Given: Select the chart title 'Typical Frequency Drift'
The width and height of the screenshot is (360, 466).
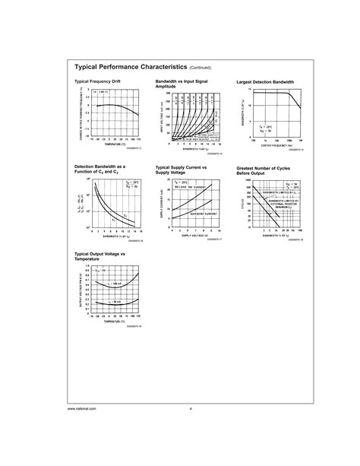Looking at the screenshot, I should (x=96, y=81).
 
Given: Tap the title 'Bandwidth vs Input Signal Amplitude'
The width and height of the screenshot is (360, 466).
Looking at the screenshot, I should (x=182, y=83).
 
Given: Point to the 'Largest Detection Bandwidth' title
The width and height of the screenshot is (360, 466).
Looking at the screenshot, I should (x=265, y=81).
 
